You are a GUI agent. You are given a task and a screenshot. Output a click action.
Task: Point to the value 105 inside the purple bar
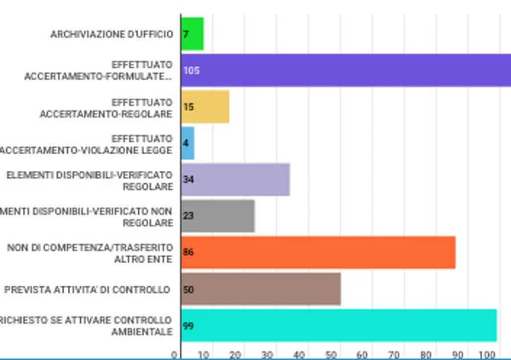[191, 71]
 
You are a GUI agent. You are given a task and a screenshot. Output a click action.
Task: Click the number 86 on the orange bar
[188, 253]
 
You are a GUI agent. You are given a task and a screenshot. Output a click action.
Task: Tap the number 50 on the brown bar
[188, 289]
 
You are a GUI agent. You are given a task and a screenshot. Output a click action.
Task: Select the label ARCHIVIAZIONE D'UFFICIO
[112, 34]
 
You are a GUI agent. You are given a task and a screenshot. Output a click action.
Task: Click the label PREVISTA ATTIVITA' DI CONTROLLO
[87, 289]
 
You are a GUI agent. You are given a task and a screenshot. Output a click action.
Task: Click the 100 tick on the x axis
[487, 354]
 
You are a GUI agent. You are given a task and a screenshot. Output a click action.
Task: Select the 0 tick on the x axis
[175, 354]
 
